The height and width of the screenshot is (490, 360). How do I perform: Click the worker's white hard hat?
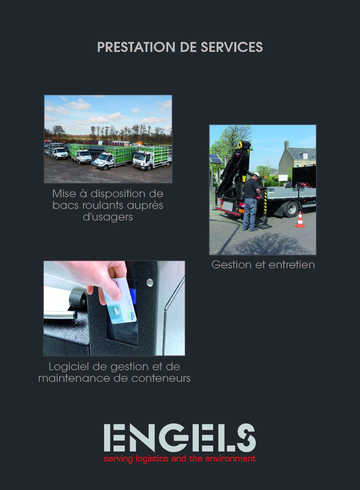coord(256,174)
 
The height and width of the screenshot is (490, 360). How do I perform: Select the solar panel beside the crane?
coord(216,159)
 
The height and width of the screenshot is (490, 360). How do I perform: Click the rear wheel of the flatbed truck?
coord(291,208)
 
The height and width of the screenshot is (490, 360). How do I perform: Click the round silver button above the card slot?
coord(150,282)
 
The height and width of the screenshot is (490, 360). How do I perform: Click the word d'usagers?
coord(108,217)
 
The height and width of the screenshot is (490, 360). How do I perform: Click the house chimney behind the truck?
coord(287,145)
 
